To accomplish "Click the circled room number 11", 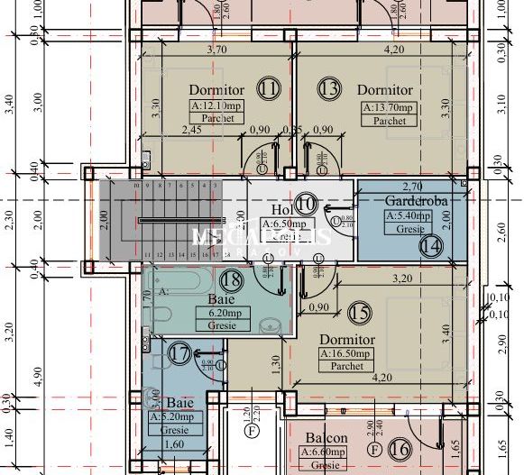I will tap(268, 88).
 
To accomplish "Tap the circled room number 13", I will tap(330, 88).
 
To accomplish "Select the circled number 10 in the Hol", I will tap(306, 204).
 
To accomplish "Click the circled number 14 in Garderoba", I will tap(431, 244).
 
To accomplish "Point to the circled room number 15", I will tap(361, 313).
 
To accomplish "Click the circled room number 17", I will tap(179, 355).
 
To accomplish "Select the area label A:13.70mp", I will tap(390, 107).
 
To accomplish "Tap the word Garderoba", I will tap(412, 199).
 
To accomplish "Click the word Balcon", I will tap(326, 438).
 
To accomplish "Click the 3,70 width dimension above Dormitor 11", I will tap(216, 50).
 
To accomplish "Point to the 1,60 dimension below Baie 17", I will tap(178, 444).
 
